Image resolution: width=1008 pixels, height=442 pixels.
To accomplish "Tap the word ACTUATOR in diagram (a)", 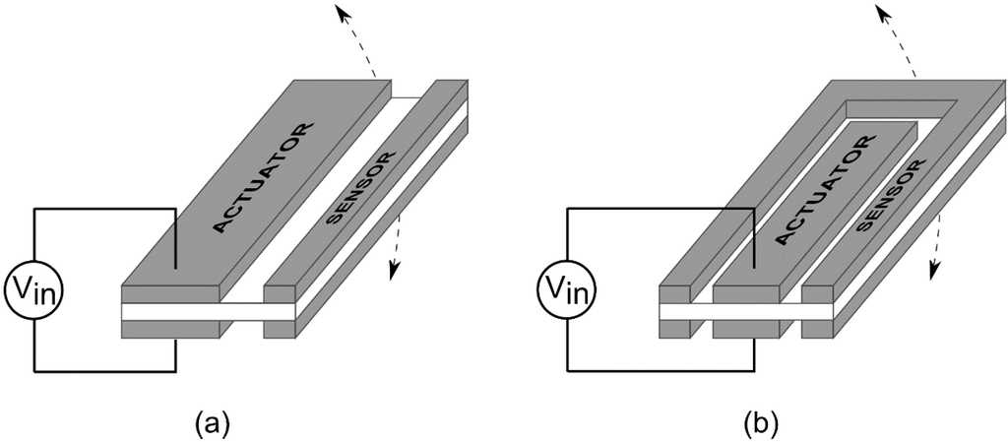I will tap(263, 178).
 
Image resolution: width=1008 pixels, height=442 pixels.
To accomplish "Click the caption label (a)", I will tap(214, 423).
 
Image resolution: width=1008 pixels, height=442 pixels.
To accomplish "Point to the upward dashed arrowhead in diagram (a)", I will tap(340, 12).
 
